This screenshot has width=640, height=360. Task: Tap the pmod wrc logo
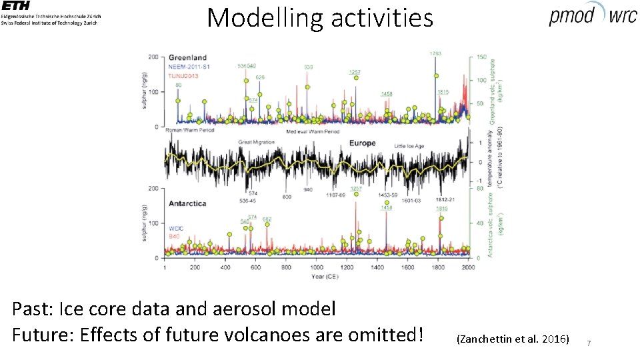coord(592,15)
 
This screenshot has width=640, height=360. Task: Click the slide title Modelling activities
coord(320,17)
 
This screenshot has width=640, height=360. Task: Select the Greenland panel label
coord(187,57)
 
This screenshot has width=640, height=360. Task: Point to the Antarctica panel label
coord(187,203)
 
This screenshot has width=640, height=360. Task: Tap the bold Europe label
coord(363,143)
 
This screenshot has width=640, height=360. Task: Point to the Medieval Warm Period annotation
coord(313,132)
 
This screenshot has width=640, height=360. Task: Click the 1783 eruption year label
coord(435,53)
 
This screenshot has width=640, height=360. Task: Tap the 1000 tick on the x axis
coord(316,267)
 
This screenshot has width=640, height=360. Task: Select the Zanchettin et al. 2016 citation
coord(512,339)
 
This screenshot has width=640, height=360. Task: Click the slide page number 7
coord(589,343)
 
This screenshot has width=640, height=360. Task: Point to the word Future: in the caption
coord(43,333)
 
